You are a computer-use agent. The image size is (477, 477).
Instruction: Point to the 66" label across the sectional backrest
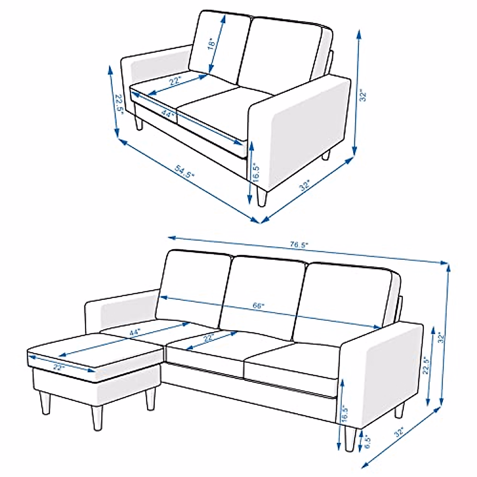point(259,306)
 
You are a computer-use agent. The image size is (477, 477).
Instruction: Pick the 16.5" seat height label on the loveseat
point(256,173)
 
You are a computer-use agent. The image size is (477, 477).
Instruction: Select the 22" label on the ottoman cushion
point(59,367)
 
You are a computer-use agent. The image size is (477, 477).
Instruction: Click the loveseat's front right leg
point(262,197)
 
